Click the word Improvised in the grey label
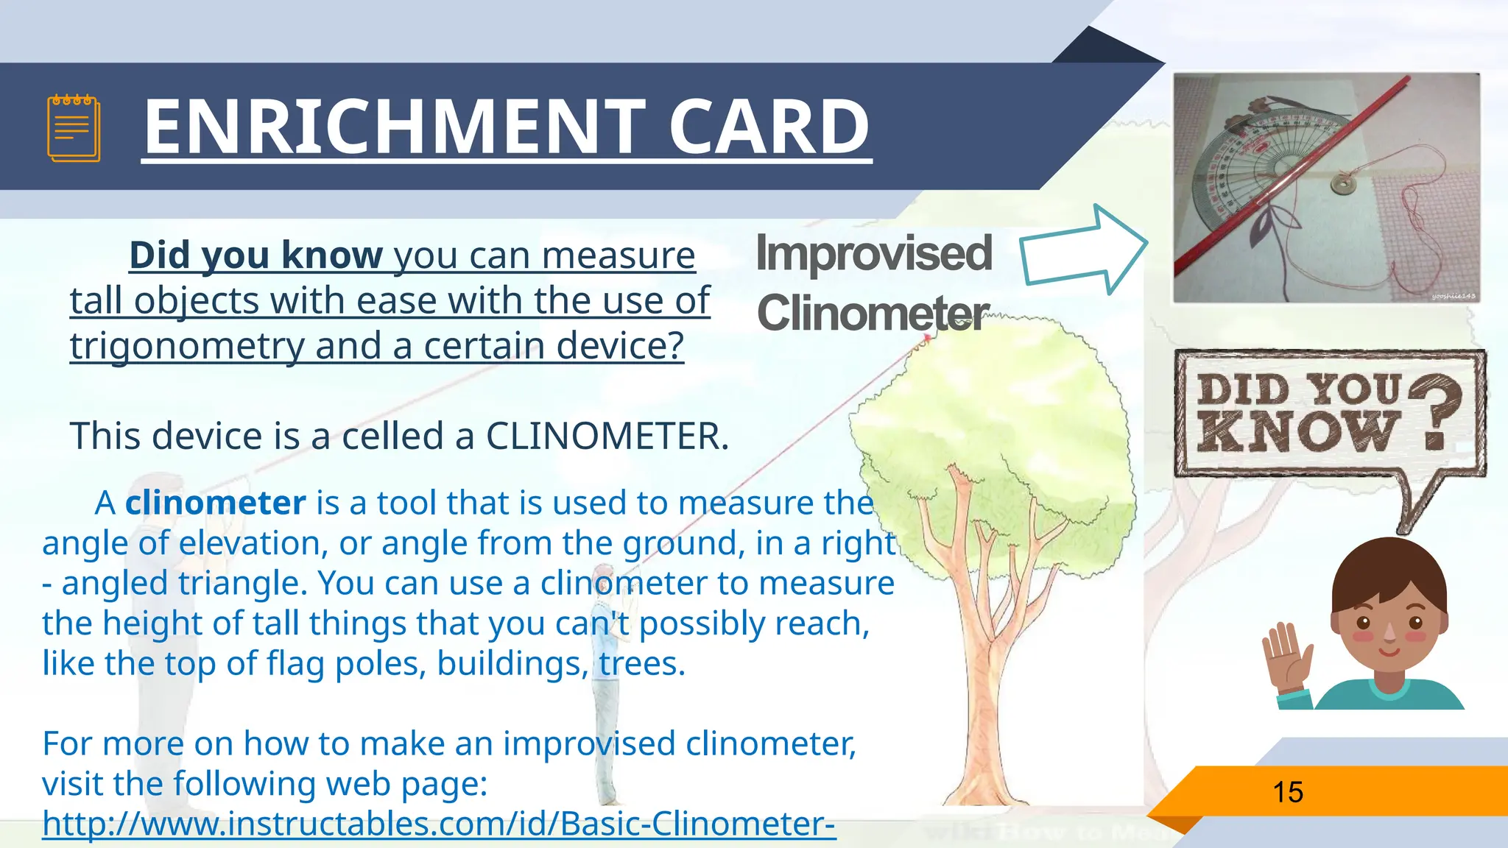coord(874,253)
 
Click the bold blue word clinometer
coord(215,503)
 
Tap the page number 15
coord(1288,792)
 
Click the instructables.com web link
coord(439,824)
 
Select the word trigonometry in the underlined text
coord(187,346)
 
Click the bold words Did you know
coord(256,255)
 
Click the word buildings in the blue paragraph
coord(512,663)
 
